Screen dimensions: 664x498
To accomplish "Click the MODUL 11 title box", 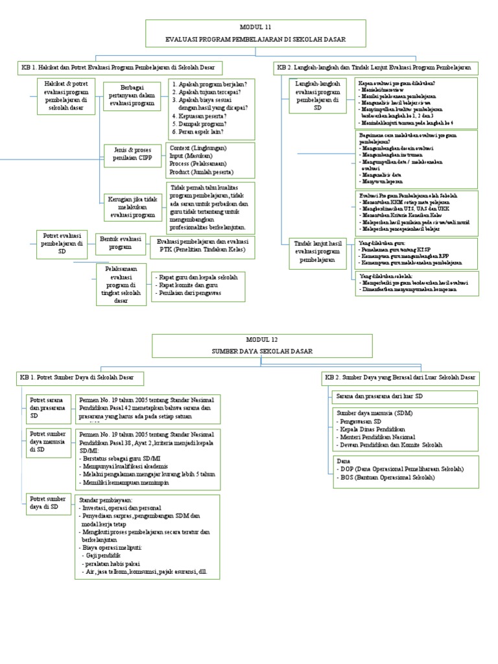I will pos(248,34).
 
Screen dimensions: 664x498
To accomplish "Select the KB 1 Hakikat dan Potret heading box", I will pos(120,67).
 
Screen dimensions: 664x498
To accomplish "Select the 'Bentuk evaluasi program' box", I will pos(121,243).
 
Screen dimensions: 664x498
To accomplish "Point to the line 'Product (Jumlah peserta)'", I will pos(201,172).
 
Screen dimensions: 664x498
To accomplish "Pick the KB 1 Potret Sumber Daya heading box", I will pos(81,377).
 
